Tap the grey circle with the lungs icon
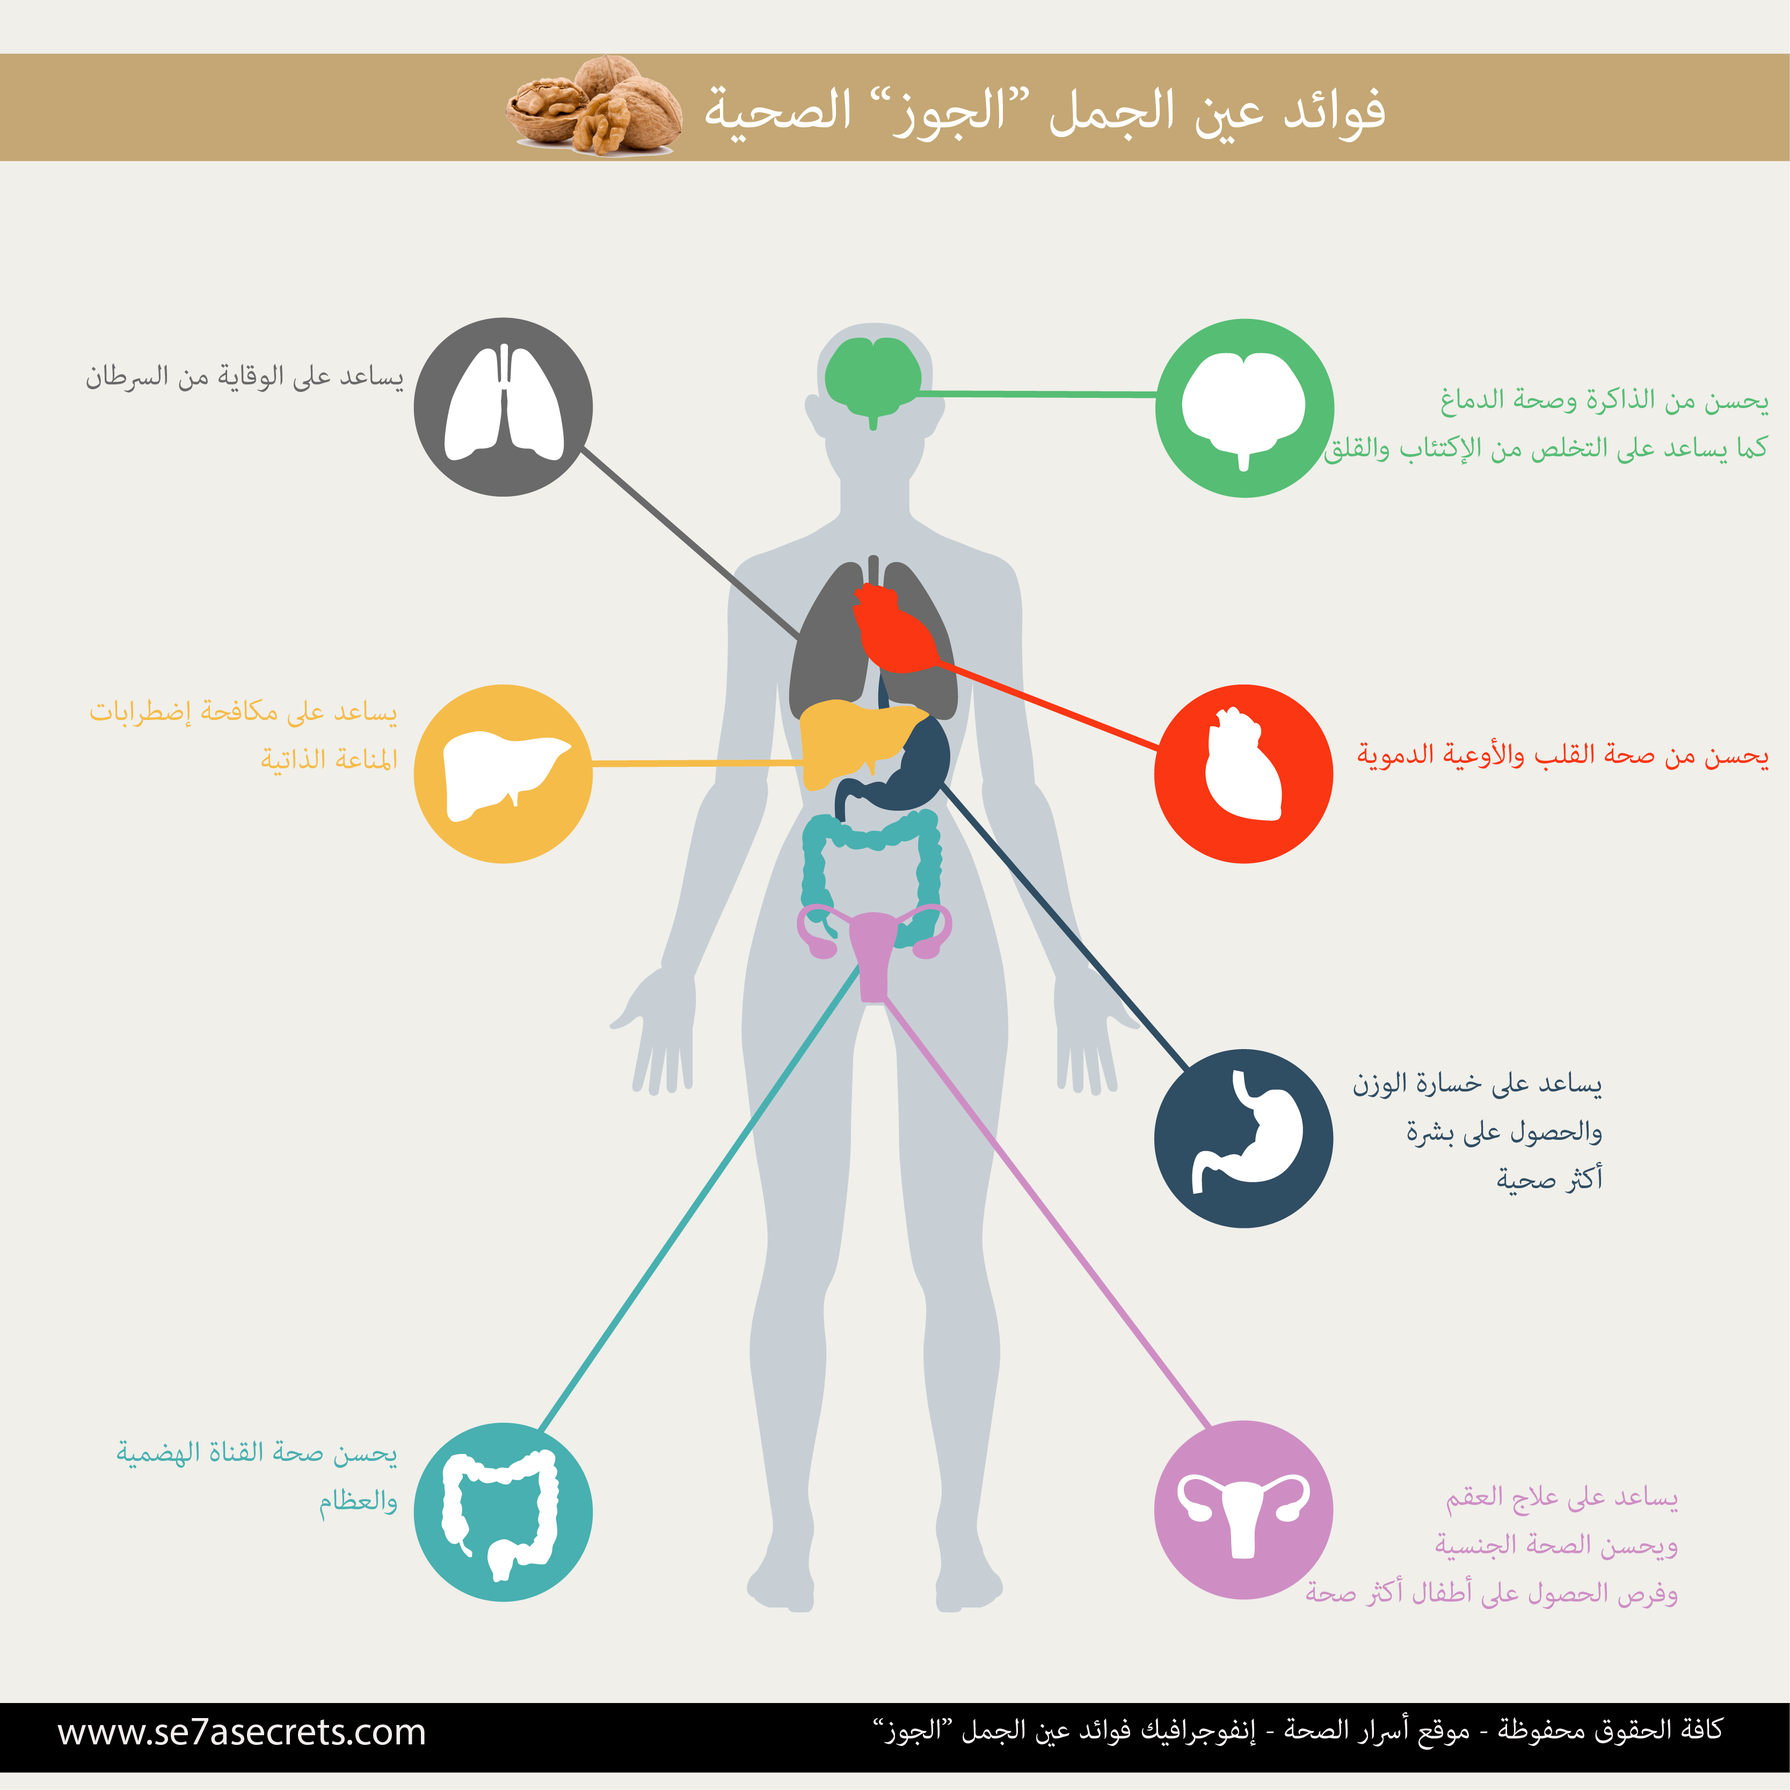click(503, 407)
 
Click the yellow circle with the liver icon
click(503, 774)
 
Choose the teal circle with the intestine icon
click(503, 1512)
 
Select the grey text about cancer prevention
click(245, 376)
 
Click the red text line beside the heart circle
click(1563, 755)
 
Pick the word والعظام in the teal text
click(359, 1501)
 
